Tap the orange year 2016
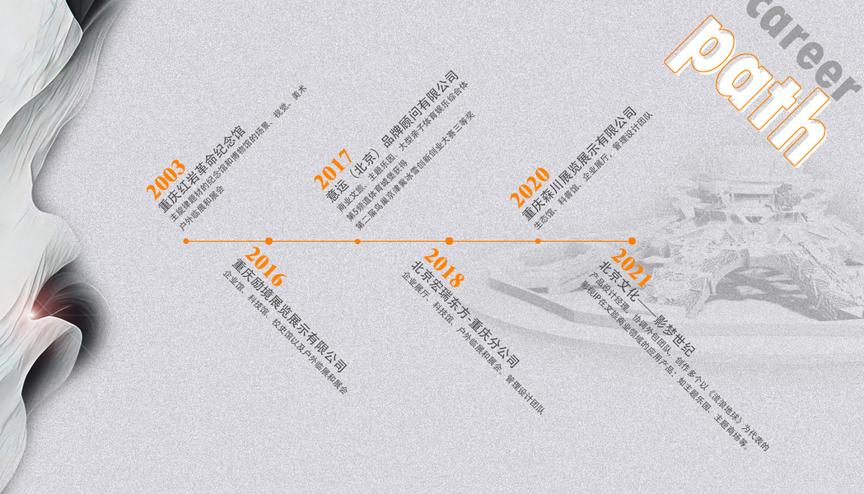tap(264, 262)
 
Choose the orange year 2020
tap(529, 188)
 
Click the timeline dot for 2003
tap(186, 241)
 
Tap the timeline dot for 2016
tap(269, 241)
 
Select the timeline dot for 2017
tap(357, 241)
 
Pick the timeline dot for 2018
tap(449, 241)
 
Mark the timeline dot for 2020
tap(538, 241)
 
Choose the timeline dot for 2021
tap(632, 241)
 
